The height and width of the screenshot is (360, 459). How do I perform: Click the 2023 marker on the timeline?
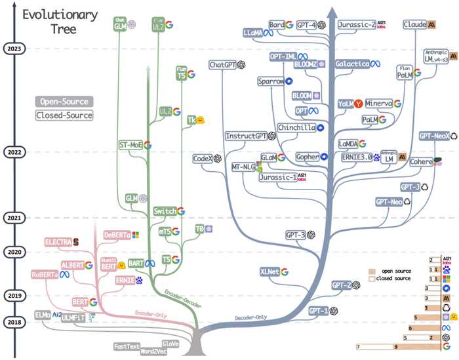coord(13,48)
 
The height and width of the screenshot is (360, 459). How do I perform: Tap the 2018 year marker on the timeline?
coord(13,304)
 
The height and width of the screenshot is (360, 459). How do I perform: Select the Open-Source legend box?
coord(64,102)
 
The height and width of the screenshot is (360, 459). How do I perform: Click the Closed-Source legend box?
coord(64,115)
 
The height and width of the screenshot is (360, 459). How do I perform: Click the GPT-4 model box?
coord(306,25)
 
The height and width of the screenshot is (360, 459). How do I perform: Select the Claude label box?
coord(414,25)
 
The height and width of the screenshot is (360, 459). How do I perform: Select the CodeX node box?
coord(201,159)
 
